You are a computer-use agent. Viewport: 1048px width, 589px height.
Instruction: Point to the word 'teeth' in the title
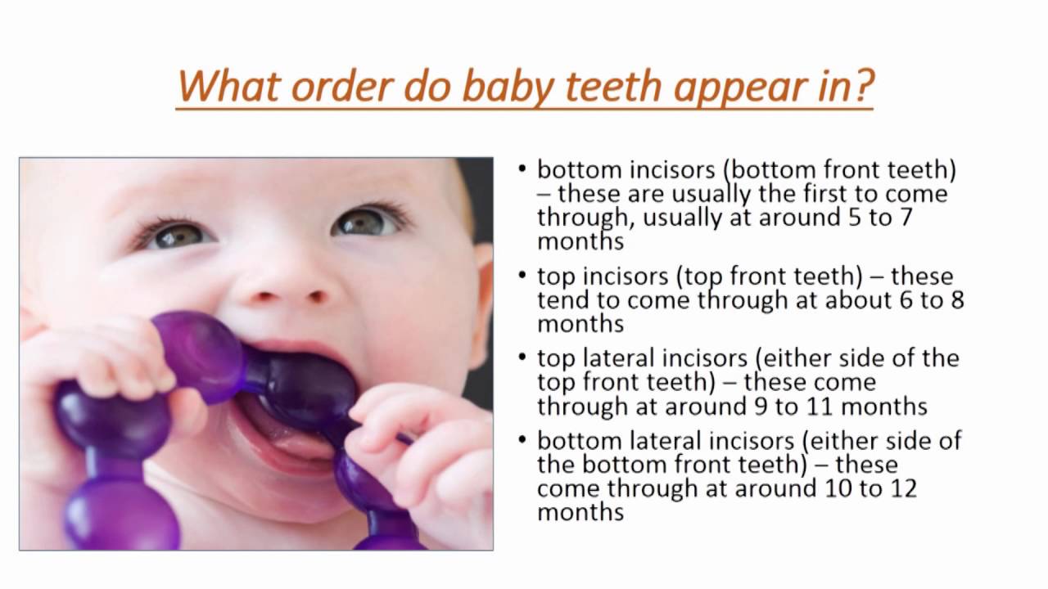point(614,86)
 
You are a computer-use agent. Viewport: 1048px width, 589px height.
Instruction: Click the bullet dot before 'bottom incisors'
point(522,169)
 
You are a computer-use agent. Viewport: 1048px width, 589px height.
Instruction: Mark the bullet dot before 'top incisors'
point(522,275)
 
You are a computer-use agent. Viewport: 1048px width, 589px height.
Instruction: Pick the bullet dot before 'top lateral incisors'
point(522,357)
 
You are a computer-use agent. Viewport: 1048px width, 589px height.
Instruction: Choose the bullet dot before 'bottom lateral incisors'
point(522,440)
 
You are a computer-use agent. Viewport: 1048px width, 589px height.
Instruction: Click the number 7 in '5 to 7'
point(906,218)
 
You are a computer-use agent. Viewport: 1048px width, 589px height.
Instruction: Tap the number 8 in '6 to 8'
point(957,300)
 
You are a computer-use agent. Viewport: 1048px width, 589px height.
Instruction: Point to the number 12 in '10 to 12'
point(903,488)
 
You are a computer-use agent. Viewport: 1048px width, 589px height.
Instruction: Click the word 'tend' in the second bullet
point(562,300)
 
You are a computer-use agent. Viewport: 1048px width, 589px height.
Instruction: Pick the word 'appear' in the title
point(741,88)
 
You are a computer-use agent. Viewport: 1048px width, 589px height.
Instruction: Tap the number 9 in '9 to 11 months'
point(761,407)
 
